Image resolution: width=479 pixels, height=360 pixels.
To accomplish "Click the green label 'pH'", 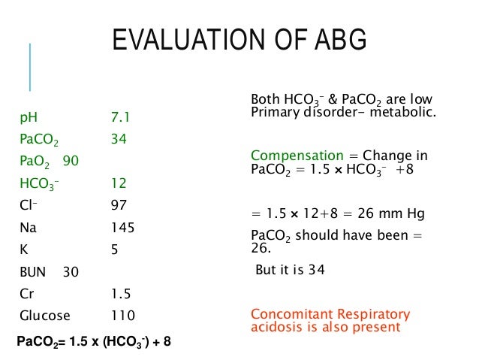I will click(x=27, y=118).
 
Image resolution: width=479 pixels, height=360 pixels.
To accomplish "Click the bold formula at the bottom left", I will click(x=94, y=342).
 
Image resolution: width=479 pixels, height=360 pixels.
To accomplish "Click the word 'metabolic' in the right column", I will click(x=408, y=113).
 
